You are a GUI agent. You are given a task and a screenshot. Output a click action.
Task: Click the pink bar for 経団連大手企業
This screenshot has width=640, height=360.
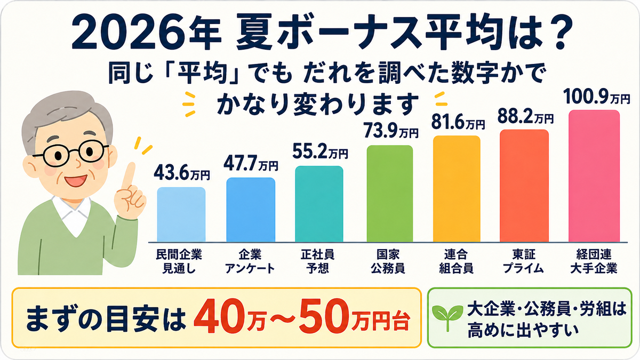(x=594, y=176)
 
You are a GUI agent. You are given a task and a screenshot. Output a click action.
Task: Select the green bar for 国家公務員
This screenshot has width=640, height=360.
(x=390, y=194)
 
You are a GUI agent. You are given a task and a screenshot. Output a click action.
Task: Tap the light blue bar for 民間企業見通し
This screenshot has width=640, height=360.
(x=181, y=214)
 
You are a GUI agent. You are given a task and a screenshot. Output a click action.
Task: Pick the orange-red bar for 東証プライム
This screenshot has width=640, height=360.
(x=524, y=186)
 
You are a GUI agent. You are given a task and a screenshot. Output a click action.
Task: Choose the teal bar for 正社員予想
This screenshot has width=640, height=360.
(x=319, y=204)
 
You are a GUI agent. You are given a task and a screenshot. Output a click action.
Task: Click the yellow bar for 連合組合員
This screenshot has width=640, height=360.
(x=457, y=189)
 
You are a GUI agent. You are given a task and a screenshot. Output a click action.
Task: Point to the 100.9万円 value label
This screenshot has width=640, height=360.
(x=597, y=98)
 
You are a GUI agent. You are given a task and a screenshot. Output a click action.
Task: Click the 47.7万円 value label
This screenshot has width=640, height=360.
(x=251, y=164)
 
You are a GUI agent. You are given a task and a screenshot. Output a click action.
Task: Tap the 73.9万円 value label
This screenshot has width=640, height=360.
(x=391, y=131)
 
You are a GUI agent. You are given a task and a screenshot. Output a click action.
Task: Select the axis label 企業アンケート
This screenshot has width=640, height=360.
(x=250, y=261)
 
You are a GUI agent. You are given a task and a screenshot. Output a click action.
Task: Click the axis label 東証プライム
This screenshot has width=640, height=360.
(x=523, y=261)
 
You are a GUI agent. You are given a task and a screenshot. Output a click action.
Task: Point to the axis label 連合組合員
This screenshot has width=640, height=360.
(x=456, y=261)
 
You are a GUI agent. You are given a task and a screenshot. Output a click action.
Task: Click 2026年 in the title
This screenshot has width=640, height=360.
(x=146, y=33)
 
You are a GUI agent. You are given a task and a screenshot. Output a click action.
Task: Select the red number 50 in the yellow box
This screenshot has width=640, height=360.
(x=323, y=317)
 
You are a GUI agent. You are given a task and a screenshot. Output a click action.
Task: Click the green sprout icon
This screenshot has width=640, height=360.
(x=447, y=317)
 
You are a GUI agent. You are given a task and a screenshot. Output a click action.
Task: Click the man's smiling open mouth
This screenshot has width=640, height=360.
(x=75, y=181)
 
